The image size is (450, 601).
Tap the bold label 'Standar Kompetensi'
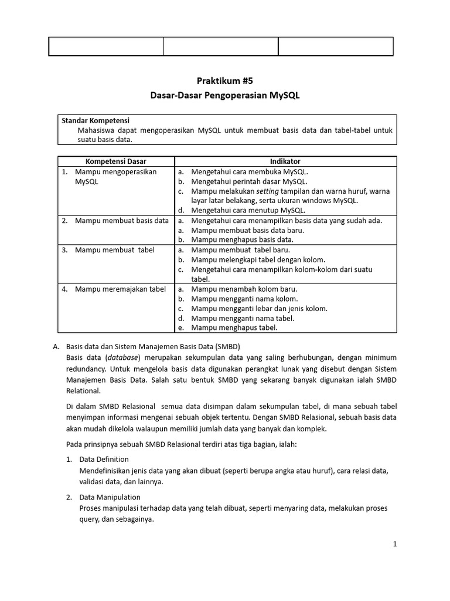pyautogui.click(x=96, y=121)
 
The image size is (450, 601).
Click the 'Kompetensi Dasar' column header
pyautogui.click(x=116, y=161)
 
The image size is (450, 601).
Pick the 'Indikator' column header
pyautogui.click(x=285, y=161)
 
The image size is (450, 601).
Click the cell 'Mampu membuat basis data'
pyautogui.click(x=122, y=221)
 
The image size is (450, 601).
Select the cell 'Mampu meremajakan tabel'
pyautogui.click(x=120, y=289)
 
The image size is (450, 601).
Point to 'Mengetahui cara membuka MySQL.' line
pyautogui.click(x=249, y=171)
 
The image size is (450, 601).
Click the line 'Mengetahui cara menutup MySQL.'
pyautogui.click(x=248, y=210)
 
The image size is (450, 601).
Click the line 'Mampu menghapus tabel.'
pyautogui.click(x=234, y=327)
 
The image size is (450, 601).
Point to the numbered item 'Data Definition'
pyautogui.click(x=104, y=460)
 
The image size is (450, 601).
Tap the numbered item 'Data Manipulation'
pyautogui.click(x=110, y=498)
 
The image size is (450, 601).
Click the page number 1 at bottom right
pyautogui.click(x=395, y=544)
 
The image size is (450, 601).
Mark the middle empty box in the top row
pyautogui.click(x=220, y=46)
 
